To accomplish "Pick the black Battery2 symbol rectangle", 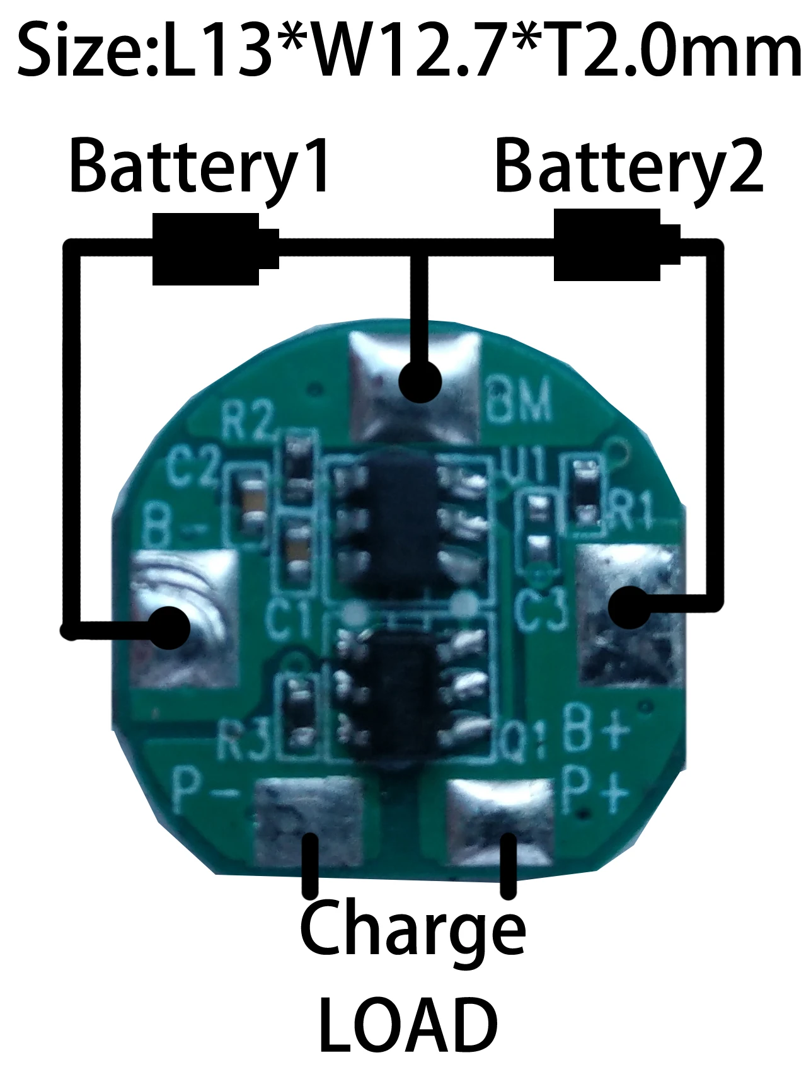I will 607,245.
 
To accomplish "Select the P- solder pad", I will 309,822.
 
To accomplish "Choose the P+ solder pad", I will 500,819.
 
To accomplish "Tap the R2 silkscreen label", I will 248,421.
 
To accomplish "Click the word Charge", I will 413,932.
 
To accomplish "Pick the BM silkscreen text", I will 519,400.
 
